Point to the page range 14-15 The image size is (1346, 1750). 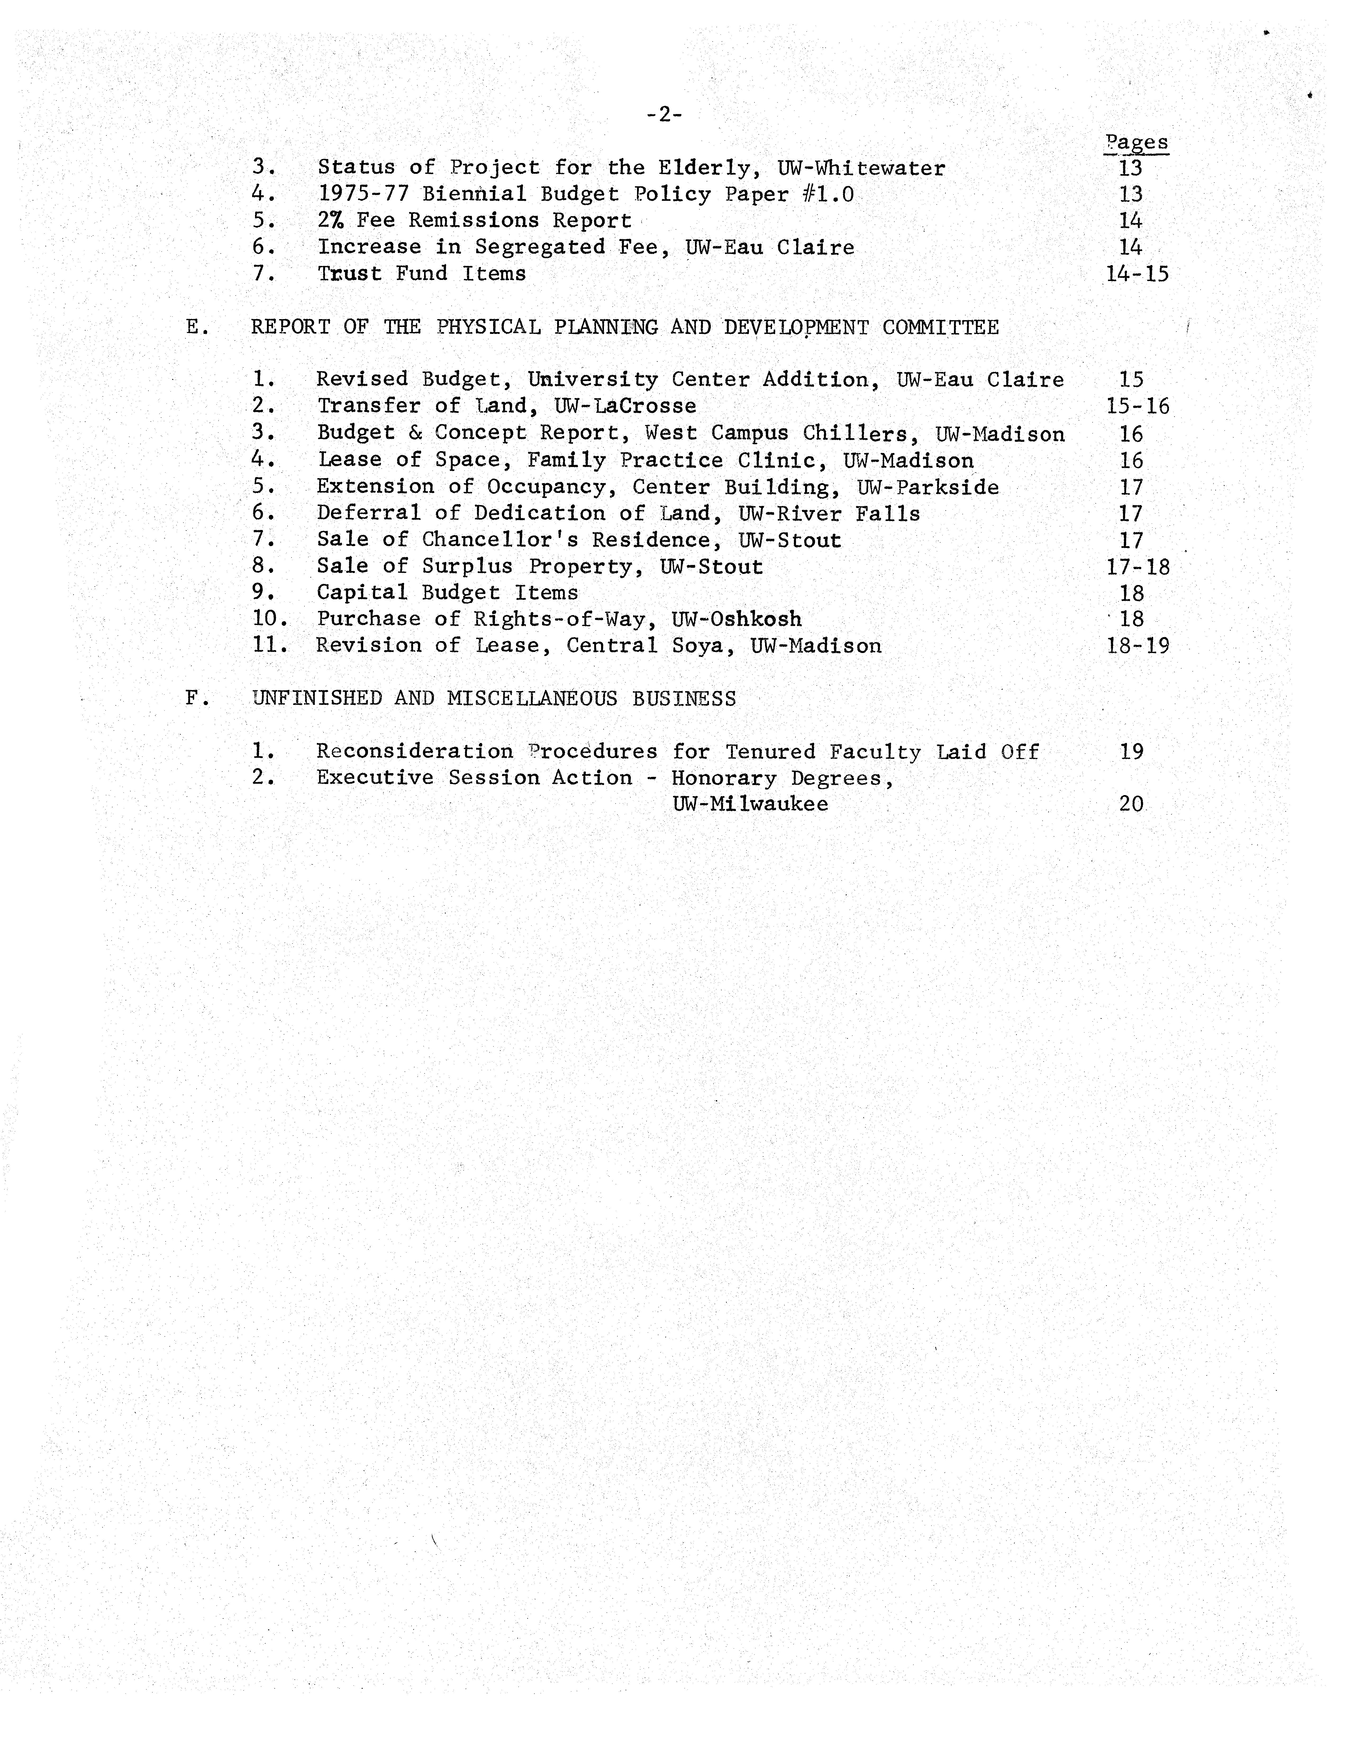(1137, 274)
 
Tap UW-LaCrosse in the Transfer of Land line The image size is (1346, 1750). (625, 406)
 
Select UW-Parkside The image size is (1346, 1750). (928, 487)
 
